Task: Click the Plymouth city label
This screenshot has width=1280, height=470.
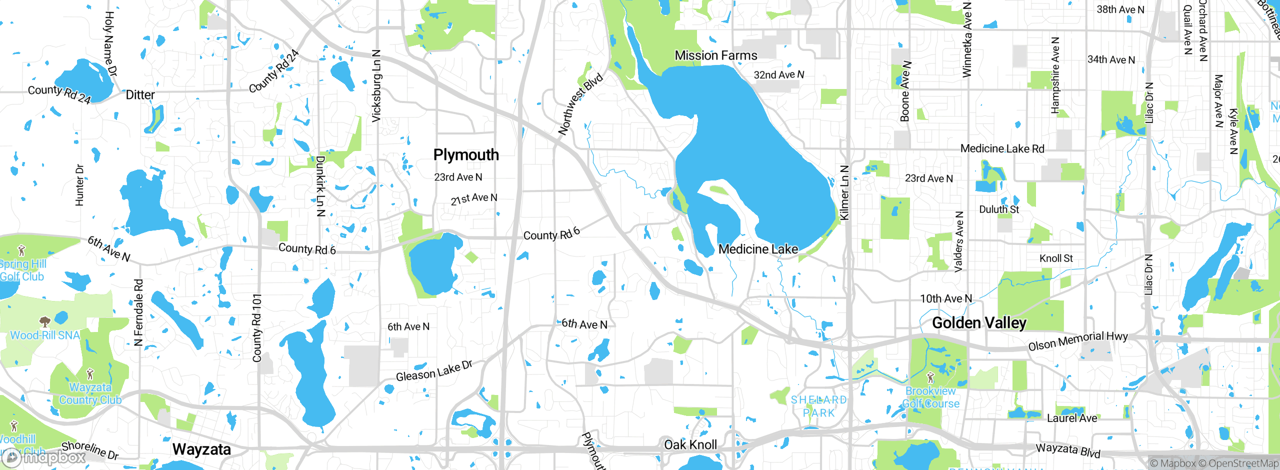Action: [466, 155]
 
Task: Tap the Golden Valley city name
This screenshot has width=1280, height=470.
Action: [979, 323]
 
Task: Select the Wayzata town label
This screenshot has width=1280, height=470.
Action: [201, 449]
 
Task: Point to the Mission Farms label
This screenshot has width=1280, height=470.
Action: [716, 55]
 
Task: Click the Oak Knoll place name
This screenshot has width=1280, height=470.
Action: [690, 445]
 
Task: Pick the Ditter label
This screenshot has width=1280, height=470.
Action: [140, 95]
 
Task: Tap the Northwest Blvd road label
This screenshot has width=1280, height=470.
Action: [580, 104]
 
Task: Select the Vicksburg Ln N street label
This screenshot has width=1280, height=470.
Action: [376, 86]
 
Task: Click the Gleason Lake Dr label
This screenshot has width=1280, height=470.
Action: [434, 371]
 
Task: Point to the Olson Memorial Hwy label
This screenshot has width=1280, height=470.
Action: [1077, 341]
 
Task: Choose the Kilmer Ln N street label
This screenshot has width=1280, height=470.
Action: [844, 192]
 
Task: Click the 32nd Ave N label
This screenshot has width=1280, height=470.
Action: [779, 75]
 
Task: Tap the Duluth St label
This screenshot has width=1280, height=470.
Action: [998, 209]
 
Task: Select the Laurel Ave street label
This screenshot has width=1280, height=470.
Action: [1072, 418]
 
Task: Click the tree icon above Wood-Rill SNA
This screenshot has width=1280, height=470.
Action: [45, 321]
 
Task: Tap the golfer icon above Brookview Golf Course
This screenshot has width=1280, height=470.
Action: [930, 377]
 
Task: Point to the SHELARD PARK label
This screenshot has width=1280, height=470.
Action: [819, 406]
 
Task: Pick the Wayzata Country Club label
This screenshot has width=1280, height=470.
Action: [90, 393]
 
